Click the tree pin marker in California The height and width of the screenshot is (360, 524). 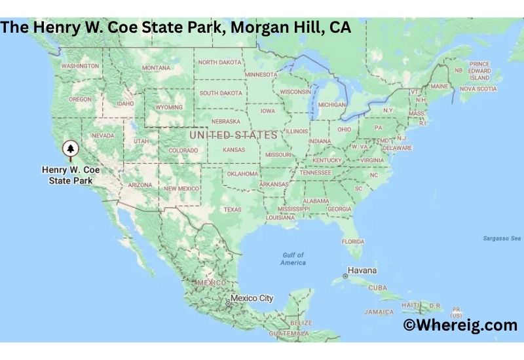point(70,149)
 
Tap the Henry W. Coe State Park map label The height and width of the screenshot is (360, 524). point(71,174)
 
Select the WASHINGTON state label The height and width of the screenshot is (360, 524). point(80,66)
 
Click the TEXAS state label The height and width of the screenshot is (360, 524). point(233,209)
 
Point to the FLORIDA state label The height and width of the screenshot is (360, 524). point(352,242)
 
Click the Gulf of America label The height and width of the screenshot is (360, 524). point(293,259)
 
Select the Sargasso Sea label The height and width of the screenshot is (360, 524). point(502,238)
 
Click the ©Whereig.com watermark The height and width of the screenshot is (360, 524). point(460,325)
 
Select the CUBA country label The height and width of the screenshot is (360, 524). point(378,287)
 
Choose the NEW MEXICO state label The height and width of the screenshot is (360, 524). point(181,188)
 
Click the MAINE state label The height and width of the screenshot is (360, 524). point(440,86)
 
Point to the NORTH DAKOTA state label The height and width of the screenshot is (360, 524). point(220,62)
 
